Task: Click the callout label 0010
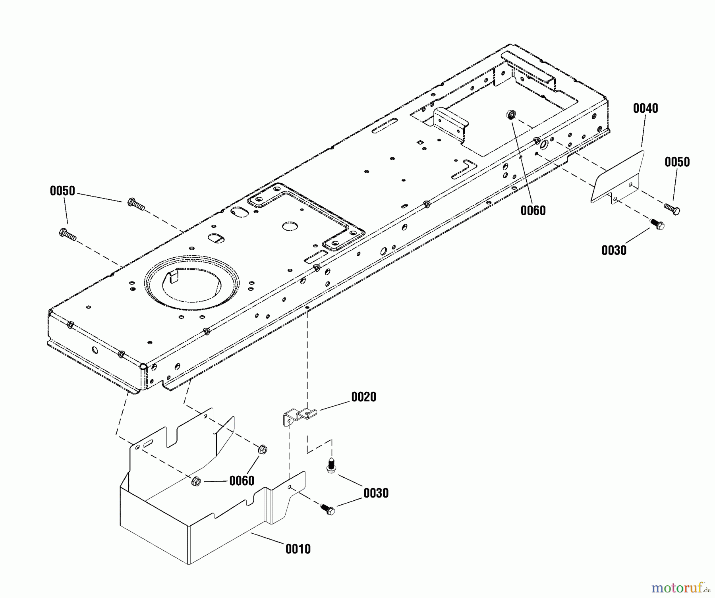tap(298, 549)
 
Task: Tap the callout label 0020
tap(363, 397)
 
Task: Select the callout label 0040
tap(645, 108)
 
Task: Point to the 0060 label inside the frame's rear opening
tap(533, 210)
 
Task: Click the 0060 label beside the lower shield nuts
tap(242, 481)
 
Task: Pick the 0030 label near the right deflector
tap(614, 250)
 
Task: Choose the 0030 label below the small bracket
tap(376, 493)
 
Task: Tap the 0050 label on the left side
tap(62, 191)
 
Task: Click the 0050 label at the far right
tap(677, 162)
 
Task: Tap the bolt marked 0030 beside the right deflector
tap(657, 224)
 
